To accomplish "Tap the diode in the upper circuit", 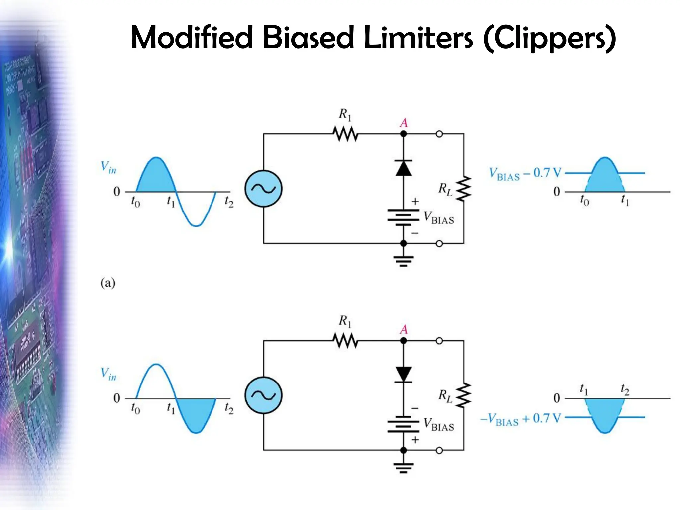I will [x=404, y=168].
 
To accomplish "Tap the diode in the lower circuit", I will [x=404, y=374].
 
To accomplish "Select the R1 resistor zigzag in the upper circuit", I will [x=345, y=134].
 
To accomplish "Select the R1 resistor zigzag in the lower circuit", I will [x=345, y=341].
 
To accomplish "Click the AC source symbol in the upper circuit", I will [x=263, y=189].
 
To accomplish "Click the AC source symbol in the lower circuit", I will [x=263, y=395].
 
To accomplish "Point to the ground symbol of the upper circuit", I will [x=404, y=261].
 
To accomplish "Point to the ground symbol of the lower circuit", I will [x=404, y=467].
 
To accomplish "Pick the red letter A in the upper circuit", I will [x=404, y=123].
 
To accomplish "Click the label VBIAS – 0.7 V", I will [x=525, y=174].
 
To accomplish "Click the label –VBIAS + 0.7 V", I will [x=520, y=419].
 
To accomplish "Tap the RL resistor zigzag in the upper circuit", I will [x=464, y=189].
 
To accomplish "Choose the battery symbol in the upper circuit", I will [x=404, y=217].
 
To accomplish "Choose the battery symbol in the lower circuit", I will [x=404, y=424].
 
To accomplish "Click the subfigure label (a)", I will [x=108, y=283].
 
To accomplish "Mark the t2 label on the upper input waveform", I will [x=229, y=202].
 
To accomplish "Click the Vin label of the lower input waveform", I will [x=108, y=374].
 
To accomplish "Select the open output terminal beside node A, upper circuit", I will [x=439, y=134].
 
